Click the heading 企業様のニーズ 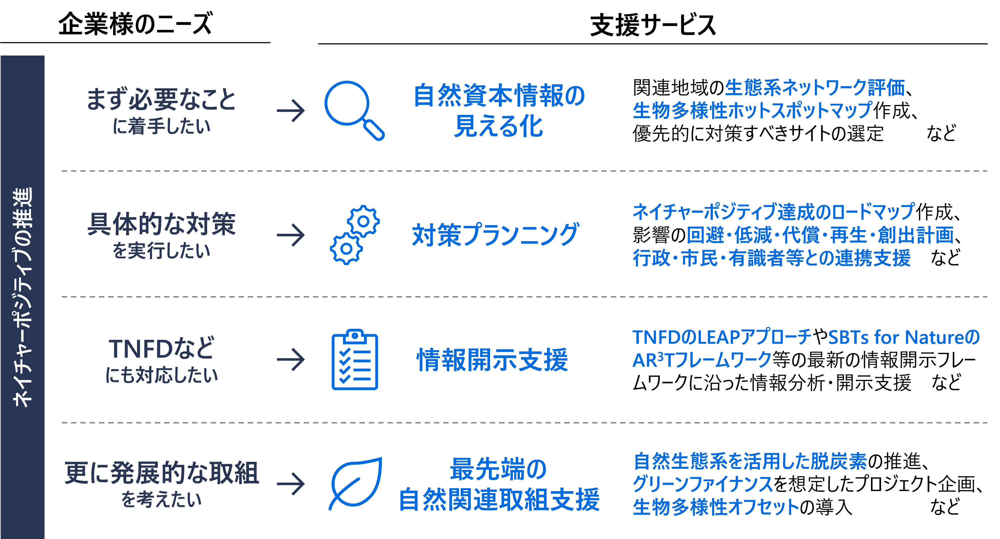[x=135, y=24]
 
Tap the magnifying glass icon [x=353, y=110]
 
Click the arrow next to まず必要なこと [x=291, y=111]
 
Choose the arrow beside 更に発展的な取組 [x=291, y=484]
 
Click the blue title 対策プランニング [x=495, y=235]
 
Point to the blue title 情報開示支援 [x=492, y=360]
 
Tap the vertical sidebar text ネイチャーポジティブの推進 [x=23, y=297]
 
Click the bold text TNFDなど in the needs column [x=161, y=348]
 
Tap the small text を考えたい [x=161, y=500]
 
